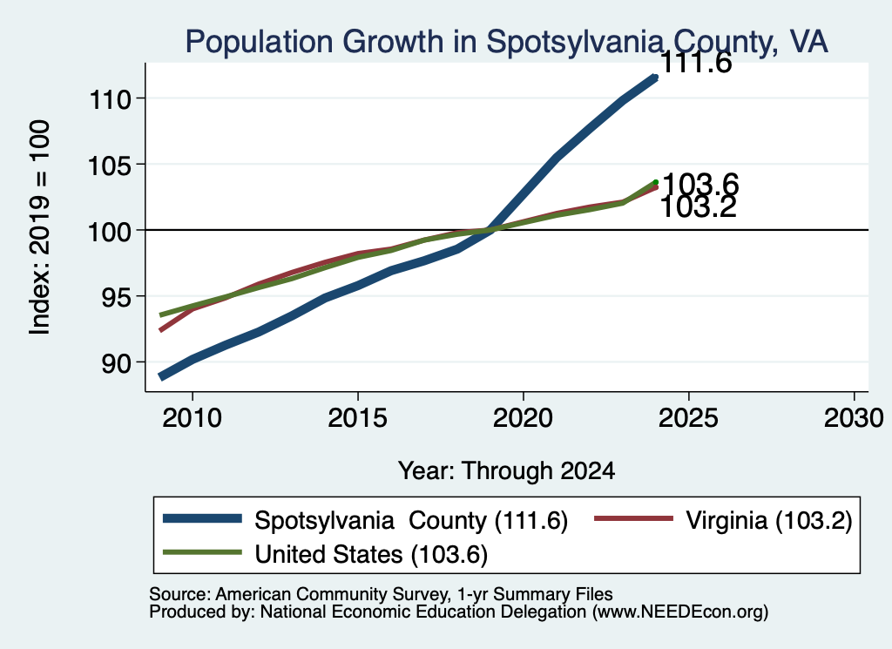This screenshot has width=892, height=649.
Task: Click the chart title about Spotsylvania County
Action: [506, 42]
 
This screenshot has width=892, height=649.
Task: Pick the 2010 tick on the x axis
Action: [193, 418]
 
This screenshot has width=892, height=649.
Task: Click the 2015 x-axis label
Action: [358, 418]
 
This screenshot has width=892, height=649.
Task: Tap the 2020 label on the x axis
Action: [523, 418]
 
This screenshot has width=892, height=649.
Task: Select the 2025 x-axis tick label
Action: [688, 418]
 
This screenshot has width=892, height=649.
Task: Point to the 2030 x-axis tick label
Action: [854, 418]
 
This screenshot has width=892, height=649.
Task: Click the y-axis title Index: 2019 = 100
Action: [39, 227]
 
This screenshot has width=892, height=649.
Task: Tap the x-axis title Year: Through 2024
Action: [506, 471]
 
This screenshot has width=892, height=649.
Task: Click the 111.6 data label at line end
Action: [696, 63]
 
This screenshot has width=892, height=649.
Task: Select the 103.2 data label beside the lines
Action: [699, 207]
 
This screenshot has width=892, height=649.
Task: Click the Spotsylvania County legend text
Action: [411, 520]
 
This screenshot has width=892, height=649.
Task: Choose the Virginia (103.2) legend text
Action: [768, 520]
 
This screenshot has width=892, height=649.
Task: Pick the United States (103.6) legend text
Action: [371, 555]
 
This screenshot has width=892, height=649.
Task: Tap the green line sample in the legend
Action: [202, 552]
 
